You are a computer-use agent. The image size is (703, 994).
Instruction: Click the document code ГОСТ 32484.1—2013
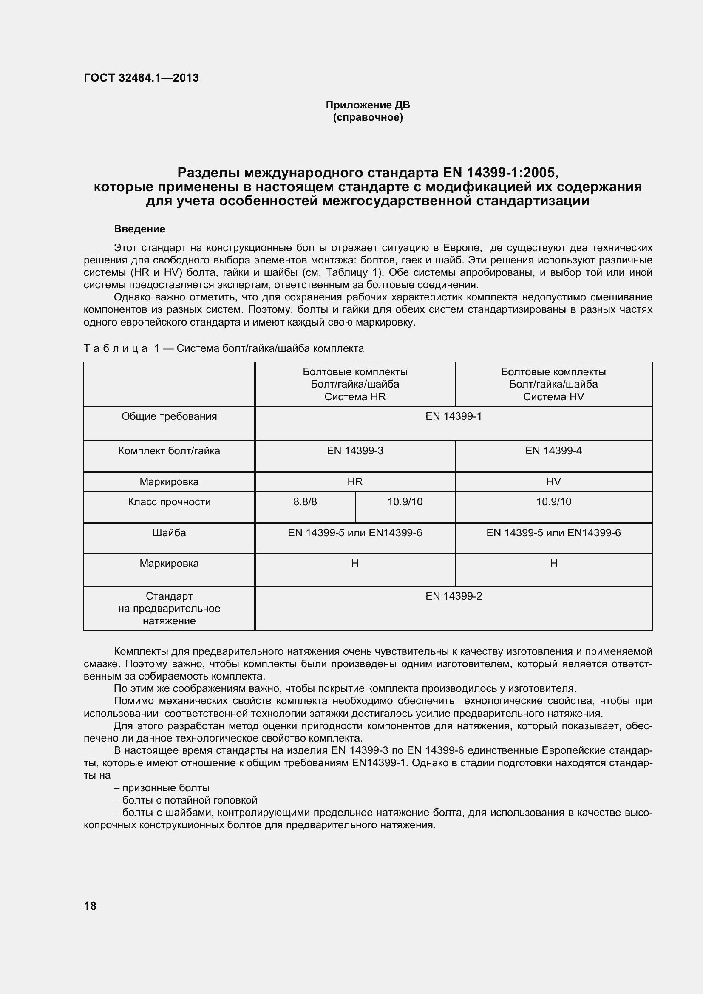point(141,78)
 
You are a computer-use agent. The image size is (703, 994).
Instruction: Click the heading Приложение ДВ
point(368,105)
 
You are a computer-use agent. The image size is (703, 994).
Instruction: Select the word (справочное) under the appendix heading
point(368,117)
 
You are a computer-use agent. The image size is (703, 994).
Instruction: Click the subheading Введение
point(139,229)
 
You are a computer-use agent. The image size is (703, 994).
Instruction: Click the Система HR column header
point(354,384)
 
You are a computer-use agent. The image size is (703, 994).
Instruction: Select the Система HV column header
point(553,384)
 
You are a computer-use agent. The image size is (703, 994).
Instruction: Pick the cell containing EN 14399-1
point(453,416)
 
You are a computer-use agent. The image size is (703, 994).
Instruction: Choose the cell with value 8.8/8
point(305,502)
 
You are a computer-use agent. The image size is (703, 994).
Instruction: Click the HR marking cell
point(354,482)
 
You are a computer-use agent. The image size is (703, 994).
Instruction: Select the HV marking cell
point(553,482)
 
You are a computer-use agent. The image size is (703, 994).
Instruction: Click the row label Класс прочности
point(169,502)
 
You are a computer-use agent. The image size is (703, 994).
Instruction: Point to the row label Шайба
point(169,533)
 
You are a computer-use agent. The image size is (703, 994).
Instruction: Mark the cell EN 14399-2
point(453,596)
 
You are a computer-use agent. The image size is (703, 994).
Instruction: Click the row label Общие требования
point(169,416)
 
